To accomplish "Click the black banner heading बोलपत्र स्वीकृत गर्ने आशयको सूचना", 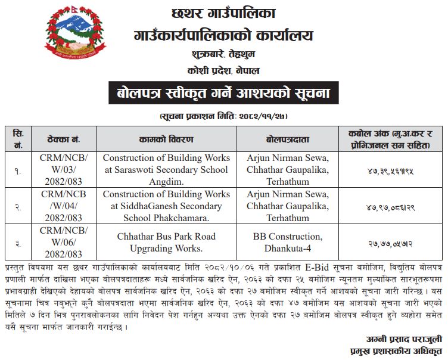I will [x=223, y=94].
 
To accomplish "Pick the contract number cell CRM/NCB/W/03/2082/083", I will [x=64, y=170].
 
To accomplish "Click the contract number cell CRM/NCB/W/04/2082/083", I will [x=64, y=206].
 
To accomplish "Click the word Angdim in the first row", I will [x=166, y=181].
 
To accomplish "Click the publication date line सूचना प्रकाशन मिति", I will [x=223, y=115].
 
